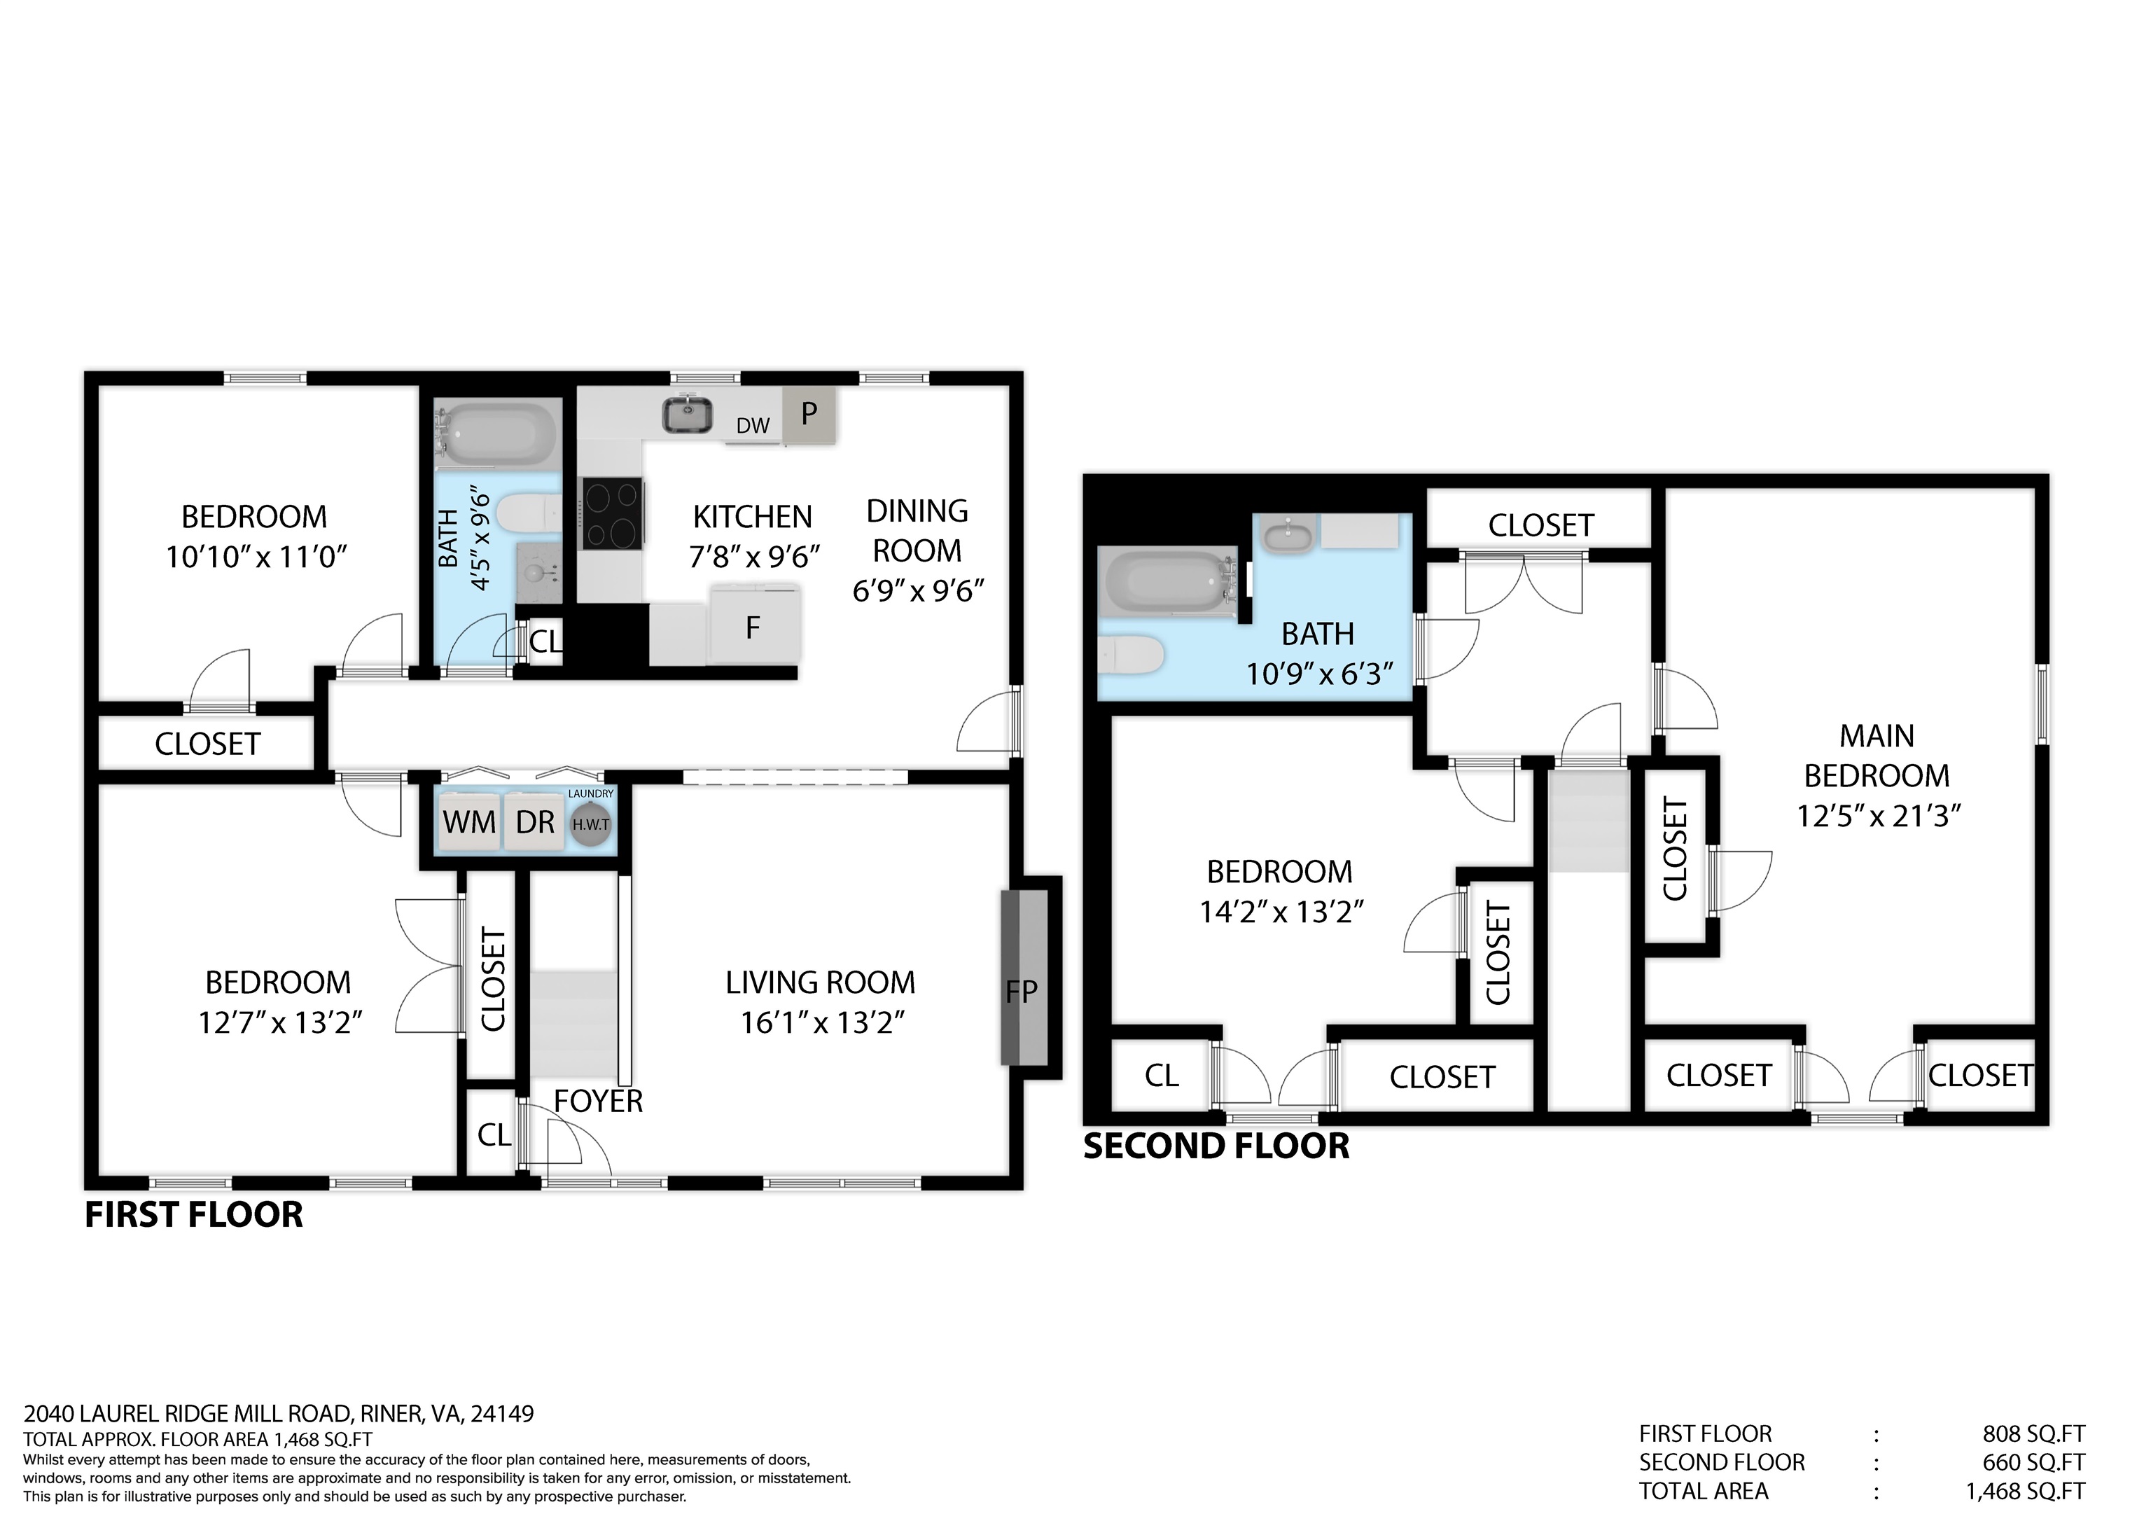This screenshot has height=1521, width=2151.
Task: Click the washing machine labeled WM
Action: [x=468, y=822]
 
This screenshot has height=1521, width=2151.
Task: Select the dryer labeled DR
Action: [x=535, y=822]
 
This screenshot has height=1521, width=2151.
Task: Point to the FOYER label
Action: [x=598, y=1101]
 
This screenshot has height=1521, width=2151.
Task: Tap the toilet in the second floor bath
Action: [x=1130, y=654]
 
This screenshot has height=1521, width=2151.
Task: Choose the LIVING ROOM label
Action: [x=821, y=982]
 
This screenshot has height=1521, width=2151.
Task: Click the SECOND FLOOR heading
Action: [x=1216, y=1146]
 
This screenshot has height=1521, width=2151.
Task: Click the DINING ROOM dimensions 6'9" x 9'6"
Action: [x=918, y=590]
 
